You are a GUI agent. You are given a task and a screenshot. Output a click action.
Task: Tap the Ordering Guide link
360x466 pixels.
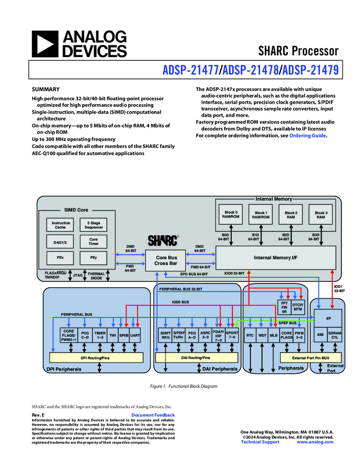coord(307,135)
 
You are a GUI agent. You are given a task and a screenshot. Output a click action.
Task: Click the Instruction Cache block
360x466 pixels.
coord(61,225)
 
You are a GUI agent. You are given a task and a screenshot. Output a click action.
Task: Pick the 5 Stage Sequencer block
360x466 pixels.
coord(93,225)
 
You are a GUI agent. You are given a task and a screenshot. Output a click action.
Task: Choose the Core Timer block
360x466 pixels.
coord(93,241)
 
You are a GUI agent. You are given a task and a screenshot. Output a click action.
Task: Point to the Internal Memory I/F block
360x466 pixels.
coord(276,257)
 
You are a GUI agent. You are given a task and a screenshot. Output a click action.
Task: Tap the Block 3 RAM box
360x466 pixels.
coord(320,215)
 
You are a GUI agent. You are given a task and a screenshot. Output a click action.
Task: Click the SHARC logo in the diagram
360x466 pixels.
coord(163,240)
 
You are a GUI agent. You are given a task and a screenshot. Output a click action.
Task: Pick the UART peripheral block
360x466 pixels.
coord(135,334)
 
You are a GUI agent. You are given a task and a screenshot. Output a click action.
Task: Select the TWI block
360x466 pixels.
coord(113,334)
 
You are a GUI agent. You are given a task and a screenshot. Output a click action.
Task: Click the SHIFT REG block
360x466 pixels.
coord(165,335)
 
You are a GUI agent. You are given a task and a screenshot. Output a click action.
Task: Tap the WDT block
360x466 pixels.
coord(262,334)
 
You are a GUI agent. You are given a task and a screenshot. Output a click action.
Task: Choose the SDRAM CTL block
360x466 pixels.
coord(334,335)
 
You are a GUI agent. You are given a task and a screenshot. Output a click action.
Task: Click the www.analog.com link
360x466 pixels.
coord(315,442)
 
